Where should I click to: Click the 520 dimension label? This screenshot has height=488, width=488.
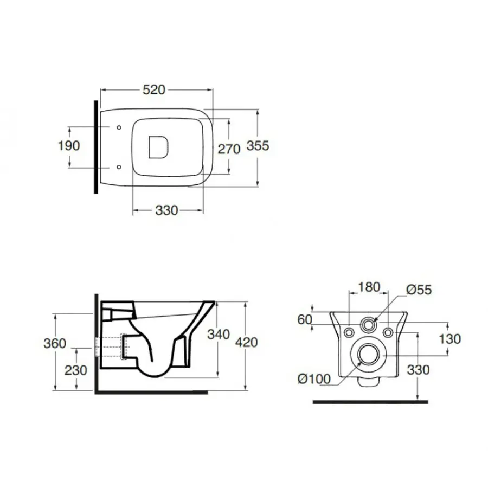[154, 89]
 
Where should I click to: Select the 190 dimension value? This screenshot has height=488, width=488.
[69, 146]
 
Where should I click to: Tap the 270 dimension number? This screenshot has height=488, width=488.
[229, 149]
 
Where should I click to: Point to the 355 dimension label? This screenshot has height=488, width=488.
[258, 146]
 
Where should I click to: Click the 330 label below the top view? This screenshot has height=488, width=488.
[166, 210]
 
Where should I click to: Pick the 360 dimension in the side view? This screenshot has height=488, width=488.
[55, 343]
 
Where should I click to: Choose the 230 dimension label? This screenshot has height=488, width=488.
[75, 370]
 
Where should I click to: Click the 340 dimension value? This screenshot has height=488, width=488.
[219, 334]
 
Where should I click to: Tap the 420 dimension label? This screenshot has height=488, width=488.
[247, 342]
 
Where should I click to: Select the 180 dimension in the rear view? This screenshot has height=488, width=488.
[369, 287]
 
